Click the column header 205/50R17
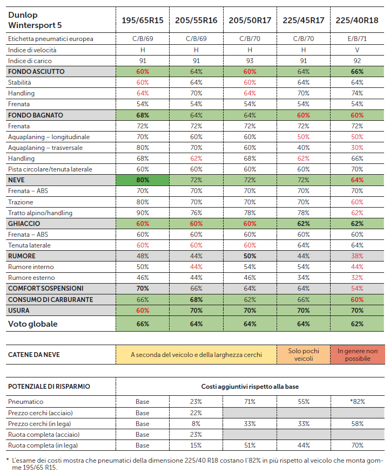tap(250, 20)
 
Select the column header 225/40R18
tap(357, 20)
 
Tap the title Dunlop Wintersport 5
tap(35, 20)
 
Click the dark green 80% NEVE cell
tap(143, 180)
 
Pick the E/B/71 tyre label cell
tap(357, 39)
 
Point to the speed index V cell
tap(357, 50)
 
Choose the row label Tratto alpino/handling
tap(41, 213)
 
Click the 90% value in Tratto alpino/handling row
tap(143, 213)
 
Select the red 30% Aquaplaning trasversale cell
tap(357, 148)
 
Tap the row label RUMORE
tap(22, 256)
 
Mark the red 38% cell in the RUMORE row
tap(357, 256)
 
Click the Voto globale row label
tap(33, 324)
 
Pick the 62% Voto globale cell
tap(357, 324)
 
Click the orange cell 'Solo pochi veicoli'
tap(304, 355)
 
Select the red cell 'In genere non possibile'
tap(358, 355)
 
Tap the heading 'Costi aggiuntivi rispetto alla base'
tap(250, 386)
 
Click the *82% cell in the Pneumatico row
tap(357, 402)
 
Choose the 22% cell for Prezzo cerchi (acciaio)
tap(196, 413)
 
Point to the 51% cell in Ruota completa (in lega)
tap(250, 445)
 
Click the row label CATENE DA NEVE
tap(34, 355)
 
